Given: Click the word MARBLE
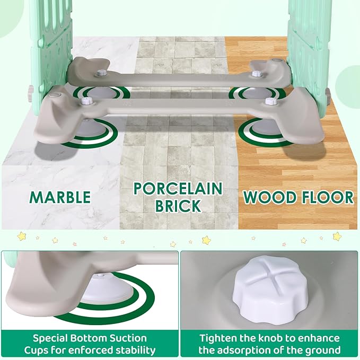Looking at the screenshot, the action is click(60, 197).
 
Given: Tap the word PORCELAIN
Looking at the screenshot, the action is click(178, 189).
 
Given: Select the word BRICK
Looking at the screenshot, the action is click(178, 206).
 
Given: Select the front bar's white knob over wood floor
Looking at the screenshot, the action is click(270, 101).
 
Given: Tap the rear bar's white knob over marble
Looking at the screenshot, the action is click(100, 73).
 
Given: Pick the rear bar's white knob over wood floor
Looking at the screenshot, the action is click(255, 74).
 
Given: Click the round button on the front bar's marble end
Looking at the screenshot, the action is click(55, 94).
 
